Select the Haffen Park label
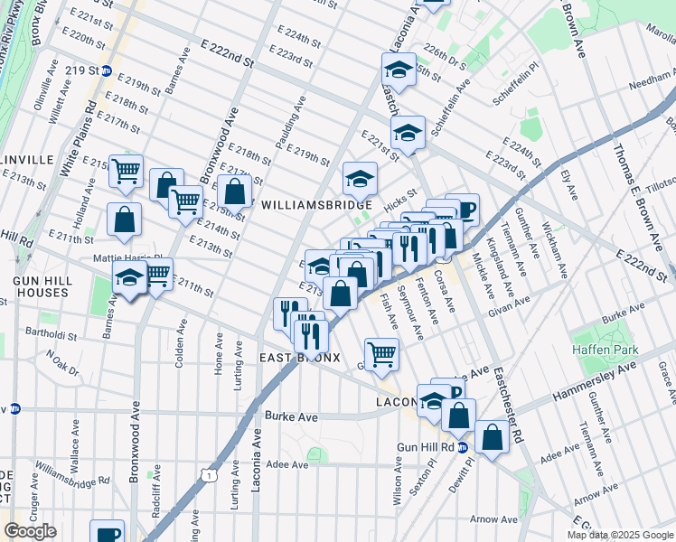604,350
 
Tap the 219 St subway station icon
106,70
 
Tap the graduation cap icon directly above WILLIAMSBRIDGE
360,176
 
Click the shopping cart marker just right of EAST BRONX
381,353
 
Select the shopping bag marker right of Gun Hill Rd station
493,438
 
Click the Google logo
30,531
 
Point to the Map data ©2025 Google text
620,535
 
